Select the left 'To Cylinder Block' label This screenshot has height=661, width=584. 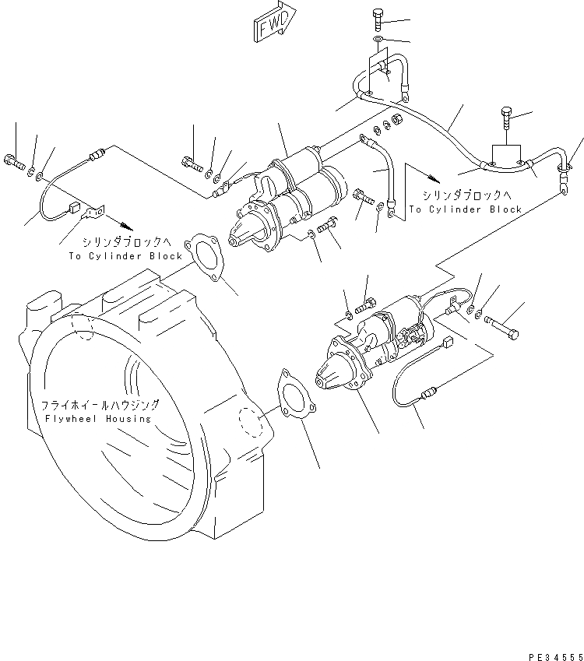pos(125,255)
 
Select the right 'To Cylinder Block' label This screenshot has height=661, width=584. pos(466,209)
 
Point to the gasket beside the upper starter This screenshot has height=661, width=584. pos(203,254)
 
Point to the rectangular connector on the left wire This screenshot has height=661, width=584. pos(75,208)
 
